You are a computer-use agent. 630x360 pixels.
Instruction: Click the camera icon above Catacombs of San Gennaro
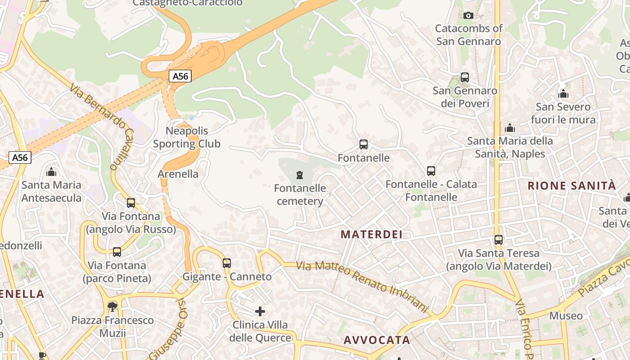click(x=468, y=16)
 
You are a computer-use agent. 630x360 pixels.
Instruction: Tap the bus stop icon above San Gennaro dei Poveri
click(x=465, y=77)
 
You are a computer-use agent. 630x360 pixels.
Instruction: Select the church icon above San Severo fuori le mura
click(x=563, y=94)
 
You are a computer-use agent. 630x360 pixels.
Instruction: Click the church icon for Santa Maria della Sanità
click(x=510, y=128)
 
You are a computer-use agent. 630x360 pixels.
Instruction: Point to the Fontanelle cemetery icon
click(x=300, y=175)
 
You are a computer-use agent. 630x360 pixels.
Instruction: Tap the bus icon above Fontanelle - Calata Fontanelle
click(x=431, y=171)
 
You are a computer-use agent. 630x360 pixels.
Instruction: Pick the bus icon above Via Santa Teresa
click(x=499, y=240)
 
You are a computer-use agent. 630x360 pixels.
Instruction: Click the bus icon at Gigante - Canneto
click(x=227, y=263)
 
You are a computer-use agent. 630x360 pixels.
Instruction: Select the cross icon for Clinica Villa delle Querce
click(x=260, y=311)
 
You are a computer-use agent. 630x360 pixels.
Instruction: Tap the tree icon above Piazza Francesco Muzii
click(x=112, y=307)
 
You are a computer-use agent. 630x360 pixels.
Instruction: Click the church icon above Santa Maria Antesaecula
click(x=51, y=172)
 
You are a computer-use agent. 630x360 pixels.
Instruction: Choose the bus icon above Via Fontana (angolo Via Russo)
click(x=131, y=203)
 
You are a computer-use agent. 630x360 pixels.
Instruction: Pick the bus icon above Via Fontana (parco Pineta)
click(x=117, y=252)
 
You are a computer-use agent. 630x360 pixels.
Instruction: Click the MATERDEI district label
click(x=372, y=234)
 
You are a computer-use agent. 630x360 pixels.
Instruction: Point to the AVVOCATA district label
click(x=377, y=340)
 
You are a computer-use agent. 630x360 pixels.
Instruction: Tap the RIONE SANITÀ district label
click(x=571, y=186)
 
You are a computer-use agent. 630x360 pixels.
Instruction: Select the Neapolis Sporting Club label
click(x=187, y=137)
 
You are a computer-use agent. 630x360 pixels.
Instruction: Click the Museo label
click(x=566, y=315)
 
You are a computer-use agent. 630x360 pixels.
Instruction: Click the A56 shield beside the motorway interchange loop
click(x=180, y=76)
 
